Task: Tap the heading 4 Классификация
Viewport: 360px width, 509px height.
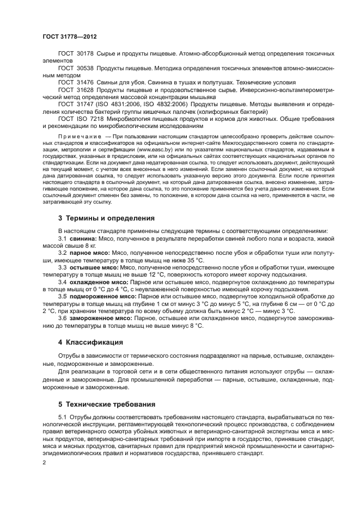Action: (90, 342)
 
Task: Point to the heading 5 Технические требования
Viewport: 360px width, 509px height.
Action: (106, 404)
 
